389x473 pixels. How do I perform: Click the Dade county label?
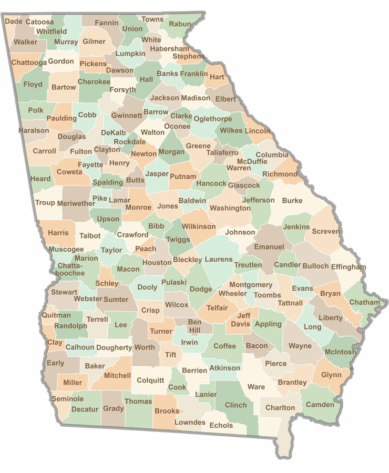13,22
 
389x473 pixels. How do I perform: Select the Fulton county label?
81,151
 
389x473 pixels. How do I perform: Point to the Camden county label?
320,405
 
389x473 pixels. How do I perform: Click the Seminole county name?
67,399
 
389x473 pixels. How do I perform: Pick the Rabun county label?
180,24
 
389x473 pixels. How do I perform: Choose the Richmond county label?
280,174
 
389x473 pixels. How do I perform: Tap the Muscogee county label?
66,249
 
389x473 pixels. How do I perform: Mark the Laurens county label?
218,259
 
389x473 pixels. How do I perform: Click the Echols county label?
221,426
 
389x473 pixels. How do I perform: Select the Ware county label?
256,387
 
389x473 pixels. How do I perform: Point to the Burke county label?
292,200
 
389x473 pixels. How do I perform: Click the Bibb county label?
156,226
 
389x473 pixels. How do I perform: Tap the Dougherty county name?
114,347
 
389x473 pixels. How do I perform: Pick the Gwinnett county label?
127,115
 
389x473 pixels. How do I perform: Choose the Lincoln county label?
258,131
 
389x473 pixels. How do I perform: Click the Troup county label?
45,203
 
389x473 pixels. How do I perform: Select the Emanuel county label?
269,246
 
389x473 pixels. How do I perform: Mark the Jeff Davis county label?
243,320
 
